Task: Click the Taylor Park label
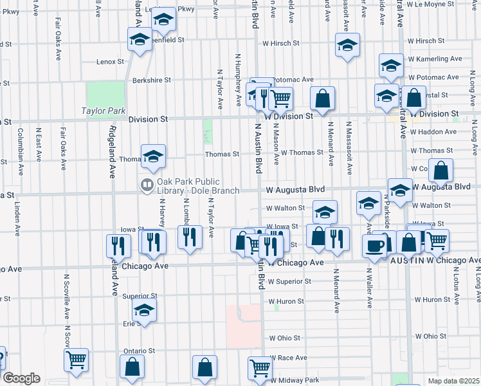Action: click(104, 111)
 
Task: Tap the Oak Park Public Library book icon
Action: click(147, 185)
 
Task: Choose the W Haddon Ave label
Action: click(432, 132)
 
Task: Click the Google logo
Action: click(21, 378)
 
